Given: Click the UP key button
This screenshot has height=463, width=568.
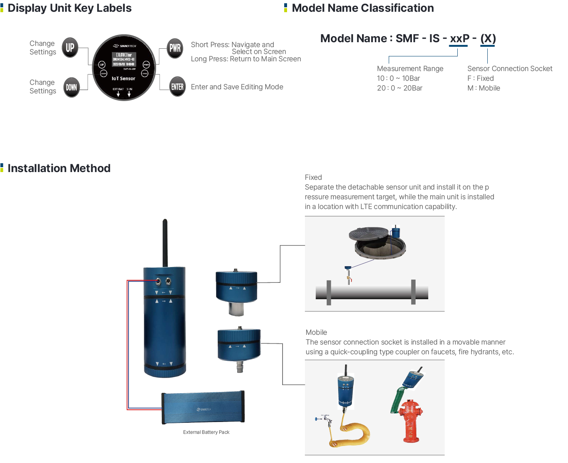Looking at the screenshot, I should tap(70, 47).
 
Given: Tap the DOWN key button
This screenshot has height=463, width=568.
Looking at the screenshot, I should tap(71, 87).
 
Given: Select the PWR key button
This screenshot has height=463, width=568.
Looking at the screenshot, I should tap(175, 48).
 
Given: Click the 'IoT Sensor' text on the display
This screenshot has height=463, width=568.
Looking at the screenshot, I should tap(123, 78).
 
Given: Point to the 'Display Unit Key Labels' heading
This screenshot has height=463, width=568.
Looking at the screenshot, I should tap(69, 8).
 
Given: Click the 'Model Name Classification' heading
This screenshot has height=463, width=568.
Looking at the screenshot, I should tap(362, 8).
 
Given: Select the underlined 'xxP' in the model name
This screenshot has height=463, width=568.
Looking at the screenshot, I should tap(459, 39).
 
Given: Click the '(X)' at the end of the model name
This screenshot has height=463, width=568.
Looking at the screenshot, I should tap(488, 39).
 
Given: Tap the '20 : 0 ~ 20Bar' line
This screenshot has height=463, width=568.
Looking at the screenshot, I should tap(399, 88).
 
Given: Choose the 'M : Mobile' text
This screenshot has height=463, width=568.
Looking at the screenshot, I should tap(484, 88).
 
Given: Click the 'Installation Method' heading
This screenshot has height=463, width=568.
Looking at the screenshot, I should tap(59, 168).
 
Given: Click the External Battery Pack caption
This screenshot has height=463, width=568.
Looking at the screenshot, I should tap(206, 432).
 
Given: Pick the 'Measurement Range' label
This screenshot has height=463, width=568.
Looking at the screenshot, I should tap(410, 69).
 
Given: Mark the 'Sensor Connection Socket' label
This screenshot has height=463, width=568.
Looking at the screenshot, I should tap(510, 69).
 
